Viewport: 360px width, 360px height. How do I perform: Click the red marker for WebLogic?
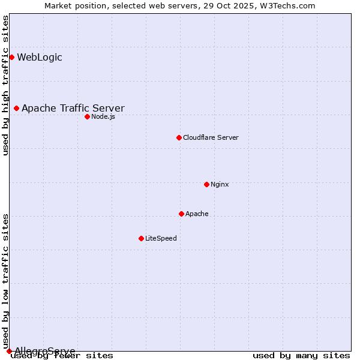tap(11, 57)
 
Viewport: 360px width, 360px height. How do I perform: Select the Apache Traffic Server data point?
tap(16, 108)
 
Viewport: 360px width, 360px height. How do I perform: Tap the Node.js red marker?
tap(87, 116)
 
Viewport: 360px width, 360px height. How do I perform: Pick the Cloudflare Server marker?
tap(179, 137)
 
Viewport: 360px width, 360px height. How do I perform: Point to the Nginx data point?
tap(206, 184)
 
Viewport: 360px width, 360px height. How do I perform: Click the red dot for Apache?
tap(181, 214)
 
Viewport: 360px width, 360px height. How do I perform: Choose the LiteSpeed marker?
tap(141, 238)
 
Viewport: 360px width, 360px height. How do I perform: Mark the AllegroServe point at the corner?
tap(9, 351)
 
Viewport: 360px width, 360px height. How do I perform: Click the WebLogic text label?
tap(39, 58)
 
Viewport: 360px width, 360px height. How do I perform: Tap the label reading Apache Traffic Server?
tap(73, 109)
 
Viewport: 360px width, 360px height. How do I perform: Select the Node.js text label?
tap(103, 116)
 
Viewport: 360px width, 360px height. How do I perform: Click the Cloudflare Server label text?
tap(211, 137)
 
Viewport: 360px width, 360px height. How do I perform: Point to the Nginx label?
tap(220, 184)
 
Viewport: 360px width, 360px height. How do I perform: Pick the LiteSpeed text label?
tap(161, 238)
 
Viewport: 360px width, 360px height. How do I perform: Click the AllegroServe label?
tap(45, 351)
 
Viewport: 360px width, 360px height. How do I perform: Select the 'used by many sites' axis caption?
tap(301, 356)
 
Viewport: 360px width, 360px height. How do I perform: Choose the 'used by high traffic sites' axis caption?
tap(6, 85)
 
